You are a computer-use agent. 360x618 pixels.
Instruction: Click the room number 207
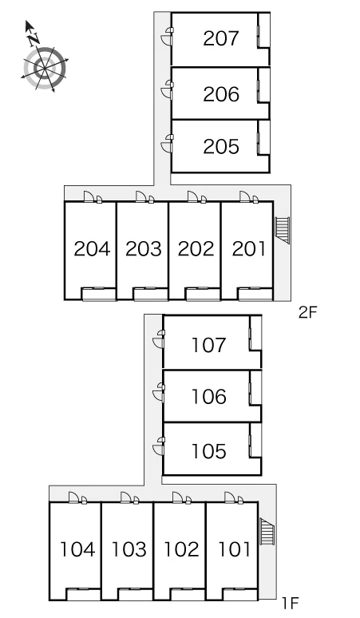(x=221, y=38)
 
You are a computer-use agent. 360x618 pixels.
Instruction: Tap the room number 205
(x=221, y=147)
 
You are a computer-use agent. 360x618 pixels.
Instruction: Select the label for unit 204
(x=92, y=249)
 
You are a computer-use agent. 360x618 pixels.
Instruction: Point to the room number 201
(x=249, y=249)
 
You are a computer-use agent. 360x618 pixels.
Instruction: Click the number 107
(x=209, y=345)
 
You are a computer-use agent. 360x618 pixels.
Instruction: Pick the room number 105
(x=209, y=451)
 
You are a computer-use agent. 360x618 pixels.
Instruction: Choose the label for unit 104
(x=77, y=549)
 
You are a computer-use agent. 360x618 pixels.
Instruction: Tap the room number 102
(x=181, y=549)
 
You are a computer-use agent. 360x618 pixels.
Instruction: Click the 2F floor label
(x=307, y=312)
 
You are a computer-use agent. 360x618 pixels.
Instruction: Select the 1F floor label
(x=291, y=603)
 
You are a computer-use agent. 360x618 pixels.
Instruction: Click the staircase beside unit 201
(x=282, y=230)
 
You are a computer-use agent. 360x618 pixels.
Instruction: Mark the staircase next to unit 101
(x=267, y=531)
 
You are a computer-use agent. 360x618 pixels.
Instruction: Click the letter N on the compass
(x=34, y=38)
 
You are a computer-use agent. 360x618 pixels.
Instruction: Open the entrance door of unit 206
(x=168, y=91)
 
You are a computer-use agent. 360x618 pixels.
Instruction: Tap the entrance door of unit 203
(x=143, y=196)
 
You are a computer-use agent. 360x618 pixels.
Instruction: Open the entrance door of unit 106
(x=159, y=393)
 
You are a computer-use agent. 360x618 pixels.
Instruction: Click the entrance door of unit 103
(x=128, y=497)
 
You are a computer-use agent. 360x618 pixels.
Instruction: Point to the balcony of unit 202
(x=203, y=294)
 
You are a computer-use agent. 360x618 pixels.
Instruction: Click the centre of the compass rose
(x=44, y=68)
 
